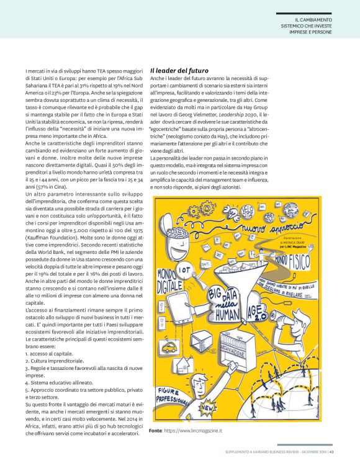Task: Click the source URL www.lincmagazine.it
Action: click(x=193, y=430)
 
